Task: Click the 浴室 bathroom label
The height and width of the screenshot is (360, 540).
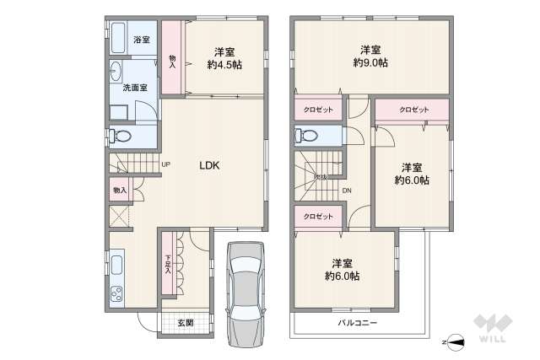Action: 142,40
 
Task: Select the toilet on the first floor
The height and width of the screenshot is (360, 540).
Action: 120,136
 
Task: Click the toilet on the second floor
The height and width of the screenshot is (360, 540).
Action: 305,136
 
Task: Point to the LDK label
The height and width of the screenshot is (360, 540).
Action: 209,166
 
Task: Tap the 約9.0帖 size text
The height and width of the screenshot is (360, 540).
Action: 370,63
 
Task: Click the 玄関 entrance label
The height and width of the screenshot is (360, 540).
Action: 186,323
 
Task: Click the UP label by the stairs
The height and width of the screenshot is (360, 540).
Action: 165,164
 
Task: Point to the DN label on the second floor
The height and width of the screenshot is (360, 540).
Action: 347,191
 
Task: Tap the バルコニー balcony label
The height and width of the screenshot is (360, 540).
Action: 358,323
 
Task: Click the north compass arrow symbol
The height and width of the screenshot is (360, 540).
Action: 456,342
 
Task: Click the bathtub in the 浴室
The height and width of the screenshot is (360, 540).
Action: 117,39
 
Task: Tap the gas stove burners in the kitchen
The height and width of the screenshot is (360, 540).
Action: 116,294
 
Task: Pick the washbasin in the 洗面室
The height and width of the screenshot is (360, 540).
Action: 116,73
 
